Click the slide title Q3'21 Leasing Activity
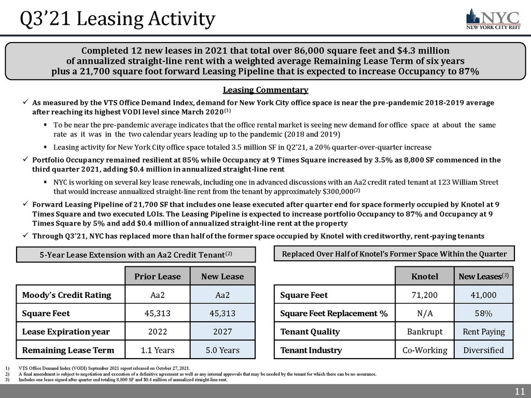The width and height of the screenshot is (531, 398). [x=117, y=19]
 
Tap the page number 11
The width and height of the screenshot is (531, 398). [x=519, y=391]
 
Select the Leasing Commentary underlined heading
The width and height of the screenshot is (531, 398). [x=265, y=90]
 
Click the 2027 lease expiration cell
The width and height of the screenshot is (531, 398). [x=222, y=332]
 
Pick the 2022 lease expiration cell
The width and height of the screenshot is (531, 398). [x=157, y=332]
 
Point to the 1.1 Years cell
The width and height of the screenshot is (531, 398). [x=157, y=350]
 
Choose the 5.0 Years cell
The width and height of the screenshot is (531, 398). [x=222, y=350]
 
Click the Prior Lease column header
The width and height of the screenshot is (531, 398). [x=157, y=276]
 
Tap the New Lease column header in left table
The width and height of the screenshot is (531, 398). [x=222, y=276]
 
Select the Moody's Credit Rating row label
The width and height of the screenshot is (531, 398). [x=66, y=295]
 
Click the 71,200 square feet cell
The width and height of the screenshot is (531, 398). [x=425, y=295]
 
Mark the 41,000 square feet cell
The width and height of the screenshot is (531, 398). [x=484, y=295]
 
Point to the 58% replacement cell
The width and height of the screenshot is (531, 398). [x=484, y=314]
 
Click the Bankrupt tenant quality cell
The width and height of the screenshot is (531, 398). [x=425, y=332]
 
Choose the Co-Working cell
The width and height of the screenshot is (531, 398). [x=425, y=350]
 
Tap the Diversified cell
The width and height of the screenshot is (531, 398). [x=484, y=350]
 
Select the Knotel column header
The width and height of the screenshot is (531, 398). [x=425, y=276]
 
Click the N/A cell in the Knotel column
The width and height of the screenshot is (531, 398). [x=425, y=314]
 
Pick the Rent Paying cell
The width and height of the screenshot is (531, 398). [x=484, y=332]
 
